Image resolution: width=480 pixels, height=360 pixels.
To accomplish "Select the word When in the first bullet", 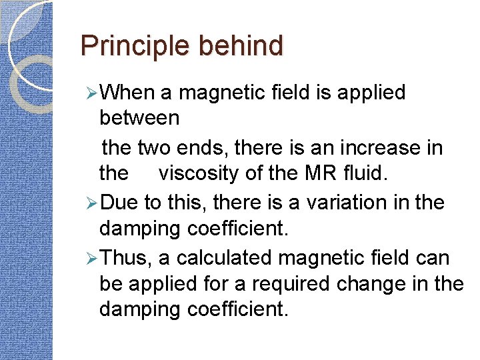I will click(x=130, y=93).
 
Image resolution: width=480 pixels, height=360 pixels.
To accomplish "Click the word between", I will click(x=139, y=119).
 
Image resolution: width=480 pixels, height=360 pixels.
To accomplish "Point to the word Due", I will click(x=121, y=201).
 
